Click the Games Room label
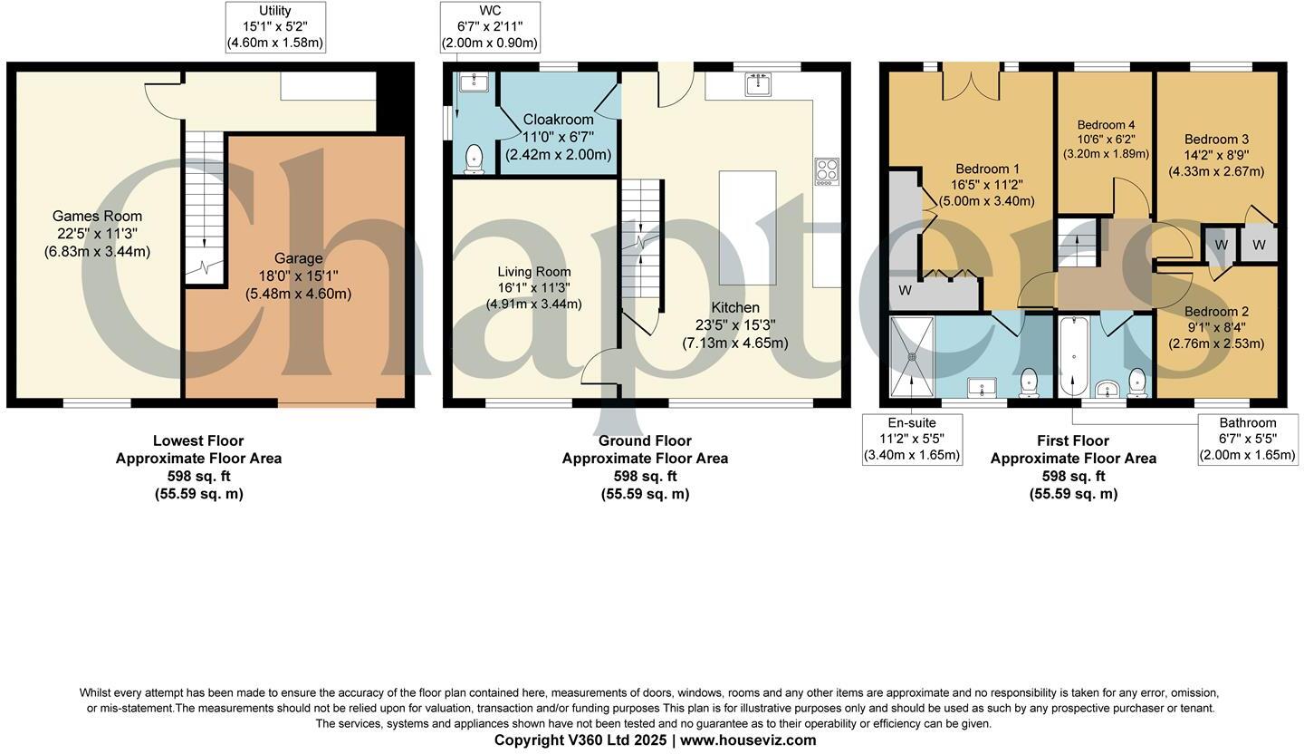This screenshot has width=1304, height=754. [97, 216]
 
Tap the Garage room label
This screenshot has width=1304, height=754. [298, 259]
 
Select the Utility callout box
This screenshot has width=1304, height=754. [274, 27]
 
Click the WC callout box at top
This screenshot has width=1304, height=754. [490, 27]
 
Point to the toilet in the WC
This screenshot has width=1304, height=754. [473, 159]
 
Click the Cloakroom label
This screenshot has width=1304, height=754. [558, 120]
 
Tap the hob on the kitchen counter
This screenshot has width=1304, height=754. [826, 171]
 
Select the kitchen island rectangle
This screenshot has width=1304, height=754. [747, 227]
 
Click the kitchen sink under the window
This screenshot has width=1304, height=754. [759, 85]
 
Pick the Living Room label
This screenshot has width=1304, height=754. [533, 272]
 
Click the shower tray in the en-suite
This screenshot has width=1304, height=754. [912, 356]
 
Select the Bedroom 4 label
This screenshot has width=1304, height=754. [1106, 125]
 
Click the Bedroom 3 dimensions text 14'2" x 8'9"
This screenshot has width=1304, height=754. [1216, 155]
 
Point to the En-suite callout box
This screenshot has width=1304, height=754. [911, 440]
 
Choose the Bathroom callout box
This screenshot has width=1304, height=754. [1247, 440]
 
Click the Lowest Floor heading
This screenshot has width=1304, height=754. [198, 441]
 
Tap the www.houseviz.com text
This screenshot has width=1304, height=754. [748, 740]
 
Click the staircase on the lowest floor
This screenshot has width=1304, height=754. [204, 208]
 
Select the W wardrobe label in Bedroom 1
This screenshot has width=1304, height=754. [905, 291]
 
